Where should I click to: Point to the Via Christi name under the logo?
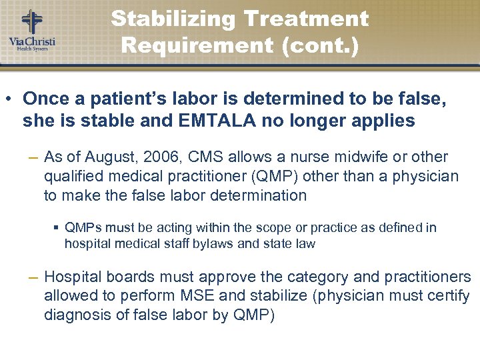point(31,42)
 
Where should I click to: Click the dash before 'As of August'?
point(33,157)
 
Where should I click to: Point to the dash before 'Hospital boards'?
point(33,277)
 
